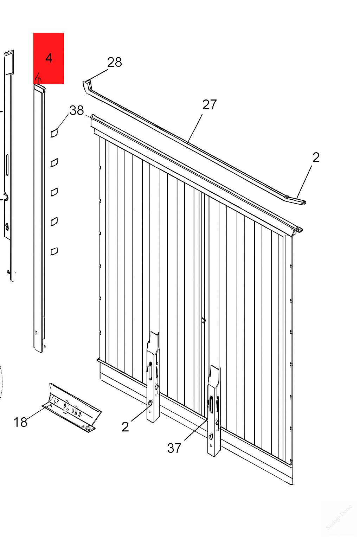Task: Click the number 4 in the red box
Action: [49, 58]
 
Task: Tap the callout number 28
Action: [115, 62]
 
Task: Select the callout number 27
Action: [210, 104]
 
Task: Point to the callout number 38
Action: [77, 110]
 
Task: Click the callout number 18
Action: [20, 422]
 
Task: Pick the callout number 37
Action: [174, 448]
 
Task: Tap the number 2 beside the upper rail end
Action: [316, 157]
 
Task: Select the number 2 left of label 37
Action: [126, 427]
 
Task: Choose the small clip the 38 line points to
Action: [54, 133]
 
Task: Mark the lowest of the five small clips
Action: [54, 251]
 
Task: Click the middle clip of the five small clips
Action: [54, 192]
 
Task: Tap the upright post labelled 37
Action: [214, 411]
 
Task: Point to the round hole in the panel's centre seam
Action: [204, 320]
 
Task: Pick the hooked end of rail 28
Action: [87, 86]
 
